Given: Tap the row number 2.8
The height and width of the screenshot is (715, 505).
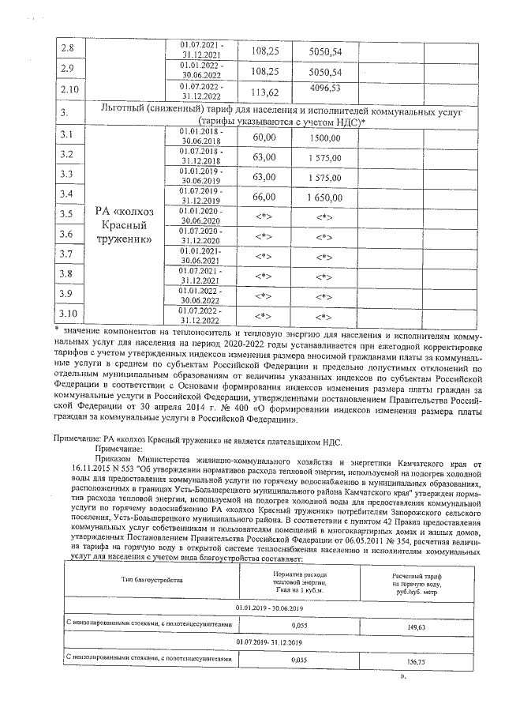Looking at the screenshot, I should [67, 48].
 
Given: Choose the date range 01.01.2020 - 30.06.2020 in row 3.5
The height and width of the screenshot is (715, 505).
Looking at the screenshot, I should [201, 216].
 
